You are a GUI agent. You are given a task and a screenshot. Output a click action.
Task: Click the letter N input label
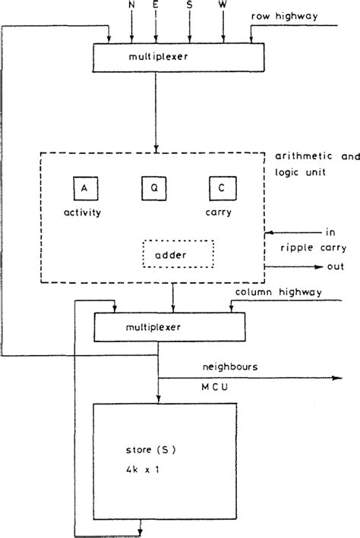(132, 5)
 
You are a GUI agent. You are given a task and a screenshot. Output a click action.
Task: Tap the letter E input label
(156, 5)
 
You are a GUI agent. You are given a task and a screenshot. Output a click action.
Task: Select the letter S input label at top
(190, 5)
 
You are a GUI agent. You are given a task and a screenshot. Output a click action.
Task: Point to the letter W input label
(223, 5)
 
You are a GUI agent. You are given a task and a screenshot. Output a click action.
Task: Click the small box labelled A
(83, 186)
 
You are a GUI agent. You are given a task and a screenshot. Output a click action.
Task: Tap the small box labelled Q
(153, 186)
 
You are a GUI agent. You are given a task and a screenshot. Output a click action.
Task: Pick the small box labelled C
(223, 186)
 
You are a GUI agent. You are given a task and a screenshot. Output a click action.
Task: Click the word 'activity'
(83, 213)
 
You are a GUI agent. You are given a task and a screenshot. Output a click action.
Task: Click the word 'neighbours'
(230, 367)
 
